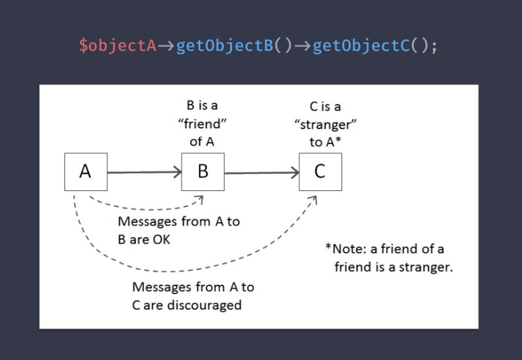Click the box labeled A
coord(86,171)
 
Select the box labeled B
coord(203,171)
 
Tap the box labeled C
coord(320,171)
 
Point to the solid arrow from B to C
coord(261,172)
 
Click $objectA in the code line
coord(117,47)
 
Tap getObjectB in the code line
coord(223,47)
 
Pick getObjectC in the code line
coord(360,47)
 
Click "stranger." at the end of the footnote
coord(427,267)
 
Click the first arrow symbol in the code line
coord(166,47)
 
